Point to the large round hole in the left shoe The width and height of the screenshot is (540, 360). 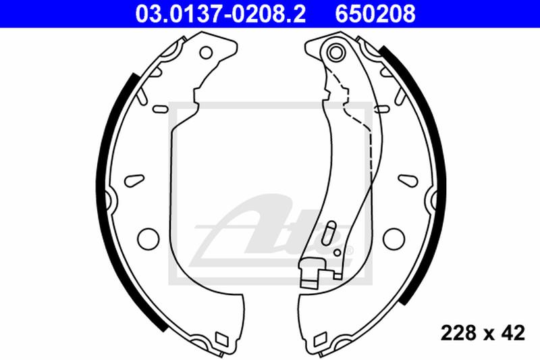tap(146, 238)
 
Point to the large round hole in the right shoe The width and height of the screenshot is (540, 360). tap(392, 238)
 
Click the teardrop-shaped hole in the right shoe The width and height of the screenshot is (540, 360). tap(406, 180)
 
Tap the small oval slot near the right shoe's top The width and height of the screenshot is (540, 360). tap(380, 109)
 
